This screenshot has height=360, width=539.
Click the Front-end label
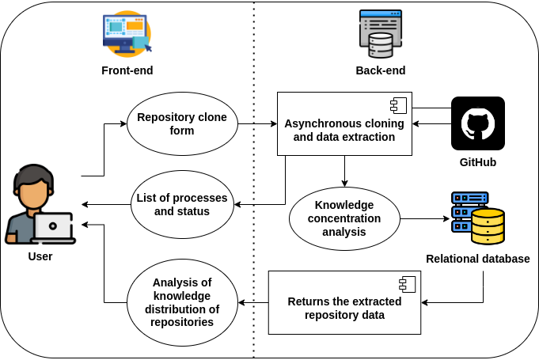pyautogui.click(x=127, y=70)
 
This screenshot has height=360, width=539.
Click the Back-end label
pyautogui.click(x=380, y=70)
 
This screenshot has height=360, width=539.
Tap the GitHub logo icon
pyautogui.click(x=477, y=123)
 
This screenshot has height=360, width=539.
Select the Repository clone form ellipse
pyautogui.click(x=182, y=124)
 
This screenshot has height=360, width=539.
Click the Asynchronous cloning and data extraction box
pyautogui.click(x=344, y=124)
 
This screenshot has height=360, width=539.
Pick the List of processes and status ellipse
pyautogui.click(x=182, y=205)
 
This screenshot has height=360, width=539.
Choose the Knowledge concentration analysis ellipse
pyautogui.click(x=344, y=219)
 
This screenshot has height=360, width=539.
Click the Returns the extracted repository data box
pyautogui.click(x=344, y=303)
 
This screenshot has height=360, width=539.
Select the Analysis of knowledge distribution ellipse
pyautogui.click(x=182, y=303)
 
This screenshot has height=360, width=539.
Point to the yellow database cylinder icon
pyautogui.click(x=487, y=227)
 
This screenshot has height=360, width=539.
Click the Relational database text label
pyautogui.click(x=477, y=259)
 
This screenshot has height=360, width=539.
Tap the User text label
pyautogui.click(x=40, y=256)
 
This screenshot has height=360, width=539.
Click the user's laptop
pyautogui.click(x=53, y=228)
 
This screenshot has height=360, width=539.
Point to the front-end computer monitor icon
pyautogui.click(x=126, y=34)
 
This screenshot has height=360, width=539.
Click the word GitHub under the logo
pyautogui.click(x=477, y=162)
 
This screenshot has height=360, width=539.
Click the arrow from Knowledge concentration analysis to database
pyautogui.click(x=423, y=218)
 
